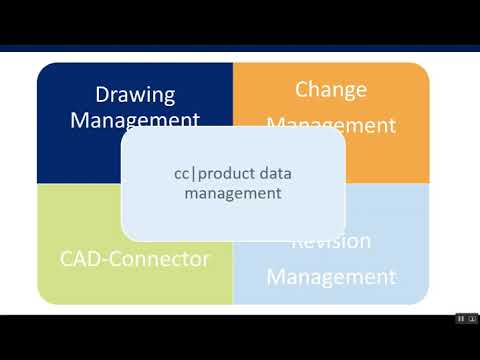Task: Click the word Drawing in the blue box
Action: (x=135, y=96)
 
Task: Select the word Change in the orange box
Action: (x=331, y=90)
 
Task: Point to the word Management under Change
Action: (x=331, y=125)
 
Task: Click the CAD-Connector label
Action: (x=134, y=259)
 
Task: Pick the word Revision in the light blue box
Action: (x=331, y=242)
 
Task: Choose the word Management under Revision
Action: (x=331, y=275)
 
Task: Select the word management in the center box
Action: (x=233, y=193)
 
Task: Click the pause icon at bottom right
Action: (x=461, y=319)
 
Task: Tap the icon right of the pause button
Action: (x=472, y=319)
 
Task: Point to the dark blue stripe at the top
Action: (x=240, y=47)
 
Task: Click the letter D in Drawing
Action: (x=101, y=96)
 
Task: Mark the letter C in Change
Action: (x=302, y=90)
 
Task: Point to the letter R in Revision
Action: (x=296, y=242)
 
